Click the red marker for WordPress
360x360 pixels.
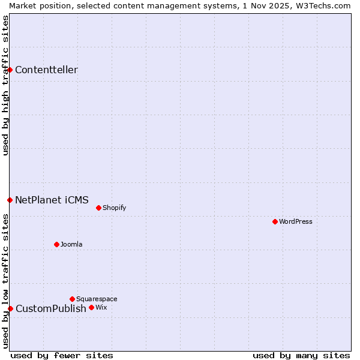pyautogui.click(x=275, y=221)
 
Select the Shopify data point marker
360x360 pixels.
pyautogui.click(x=99, y=208)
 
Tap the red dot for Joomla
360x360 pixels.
pyautogui.click(x=57, y=244)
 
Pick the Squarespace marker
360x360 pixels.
pyautogui.click(x=73, y=299)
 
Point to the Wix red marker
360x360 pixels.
pyautogui.click(x=92, y=307)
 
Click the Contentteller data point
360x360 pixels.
pyautogui.click(x=10, y=70)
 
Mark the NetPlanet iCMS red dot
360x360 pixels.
pyautogui.click(x=10, y=200)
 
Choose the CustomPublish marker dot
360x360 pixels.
pyautogui.click(x=10, y=308)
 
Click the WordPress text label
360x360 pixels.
pyautogui.click(x=296, y=221)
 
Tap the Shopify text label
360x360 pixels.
pyautogui.click(x=114, y=208)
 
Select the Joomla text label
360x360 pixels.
pyautogui.click(x=71, y=244)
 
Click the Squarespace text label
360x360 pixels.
pyautogui.click(x=97, y=299)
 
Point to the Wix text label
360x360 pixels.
pyautogui.click(x=101, y=307)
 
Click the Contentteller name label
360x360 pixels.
pyautogui.click(x=46, y=70)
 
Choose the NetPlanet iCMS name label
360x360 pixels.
pyautogui.click(x=52, y=200)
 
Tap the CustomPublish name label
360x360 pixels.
pyautogui.click(x=51, y=308)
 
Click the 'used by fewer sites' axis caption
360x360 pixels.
pyautogui.click(x=62, y=355)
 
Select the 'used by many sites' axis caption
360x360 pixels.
pyautogui.click(x=301, y=355)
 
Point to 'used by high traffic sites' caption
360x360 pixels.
pyautogui.click(x=5, y=85)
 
